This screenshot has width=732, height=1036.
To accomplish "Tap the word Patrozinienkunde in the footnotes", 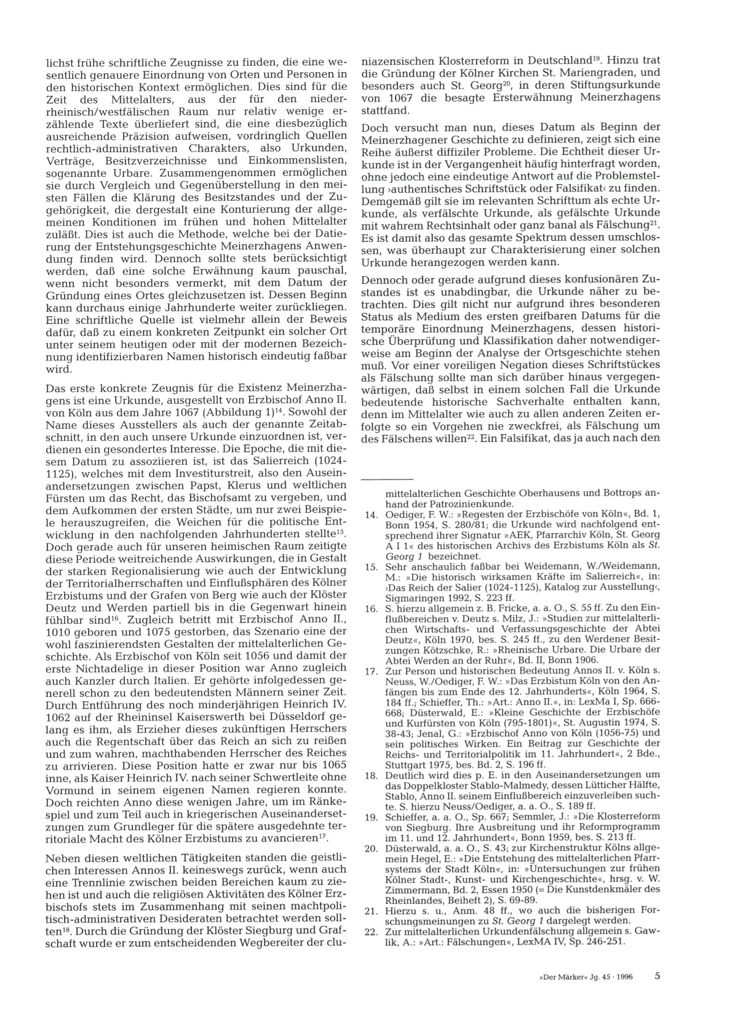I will (x=452, y=504).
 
